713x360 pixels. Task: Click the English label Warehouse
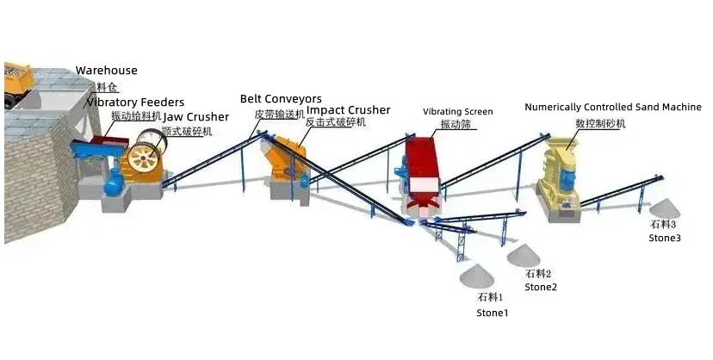point(106,71)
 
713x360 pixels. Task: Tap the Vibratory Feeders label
point(134,102)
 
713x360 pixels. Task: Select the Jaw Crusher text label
point(196,117)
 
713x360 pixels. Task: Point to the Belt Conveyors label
point(281,99)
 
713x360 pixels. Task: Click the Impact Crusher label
point(348,110)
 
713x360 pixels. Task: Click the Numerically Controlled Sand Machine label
point(612,108)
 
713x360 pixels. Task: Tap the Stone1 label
point(493,313)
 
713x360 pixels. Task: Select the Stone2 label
point(541,287)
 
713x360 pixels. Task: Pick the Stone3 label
point(665,238)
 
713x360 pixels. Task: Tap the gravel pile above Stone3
point(664,208)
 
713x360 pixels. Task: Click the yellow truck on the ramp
point(17,79)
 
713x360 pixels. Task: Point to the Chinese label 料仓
point(107,87)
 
